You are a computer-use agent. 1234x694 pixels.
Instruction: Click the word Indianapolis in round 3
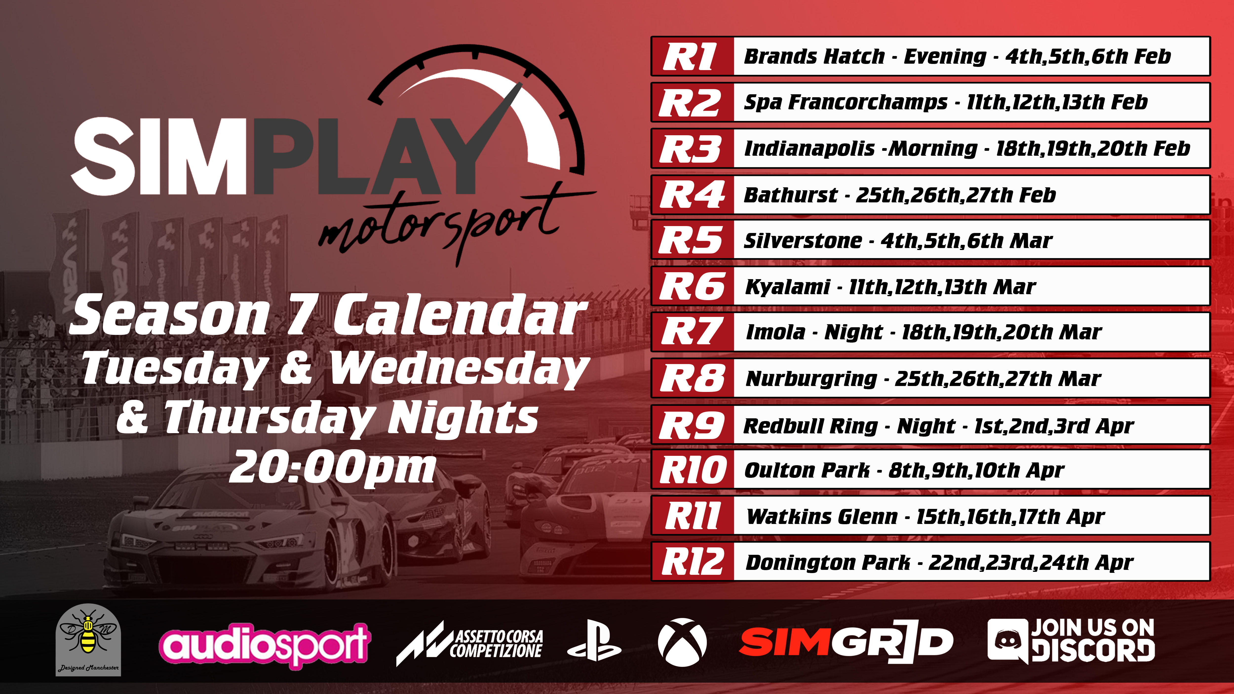click(x=810, y=149)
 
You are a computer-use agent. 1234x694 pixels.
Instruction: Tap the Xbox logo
click(x=682, y=642)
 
